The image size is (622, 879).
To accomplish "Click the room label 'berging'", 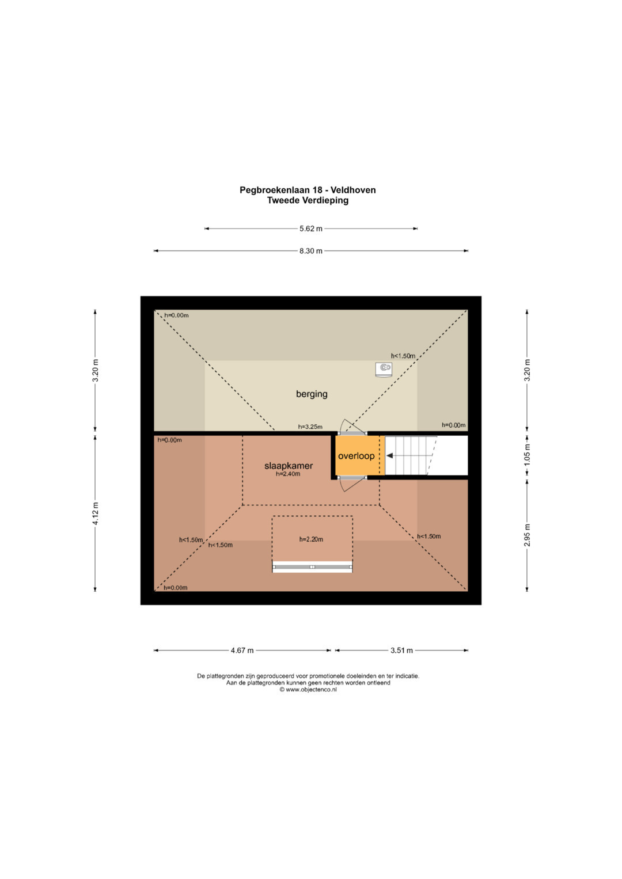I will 312,394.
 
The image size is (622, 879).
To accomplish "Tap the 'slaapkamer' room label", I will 289,466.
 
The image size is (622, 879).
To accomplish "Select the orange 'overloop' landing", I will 356,456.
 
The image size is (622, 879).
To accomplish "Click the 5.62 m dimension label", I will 310,229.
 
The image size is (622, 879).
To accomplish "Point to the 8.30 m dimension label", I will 310,251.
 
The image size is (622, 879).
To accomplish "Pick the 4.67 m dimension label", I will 242,650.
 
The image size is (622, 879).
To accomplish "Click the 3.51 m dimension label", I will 401,650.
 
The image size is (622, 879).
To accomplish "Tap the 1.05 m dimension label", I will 527,455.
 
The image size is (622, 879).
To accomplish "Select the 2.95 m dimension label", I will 527,535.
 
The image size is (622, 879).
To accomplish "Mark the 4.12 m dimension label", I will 96,513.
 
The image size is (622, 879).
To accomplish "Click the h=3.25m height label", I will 310,427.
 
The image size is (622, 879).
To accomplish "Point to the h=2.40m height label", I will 288,474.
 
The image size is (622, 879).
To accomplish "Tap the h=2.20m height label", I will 311,539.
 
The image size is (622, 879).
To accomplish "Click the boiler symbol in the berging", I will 384,368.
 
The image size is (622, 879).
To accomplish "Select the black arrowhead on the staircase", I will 390,456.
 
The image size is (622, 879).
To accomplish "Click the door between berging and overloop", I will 352,431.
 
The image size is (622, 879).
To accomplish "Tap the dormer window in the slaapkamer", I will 312,567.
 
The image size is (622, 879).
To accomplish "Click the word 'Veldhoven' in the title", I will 353,190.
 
